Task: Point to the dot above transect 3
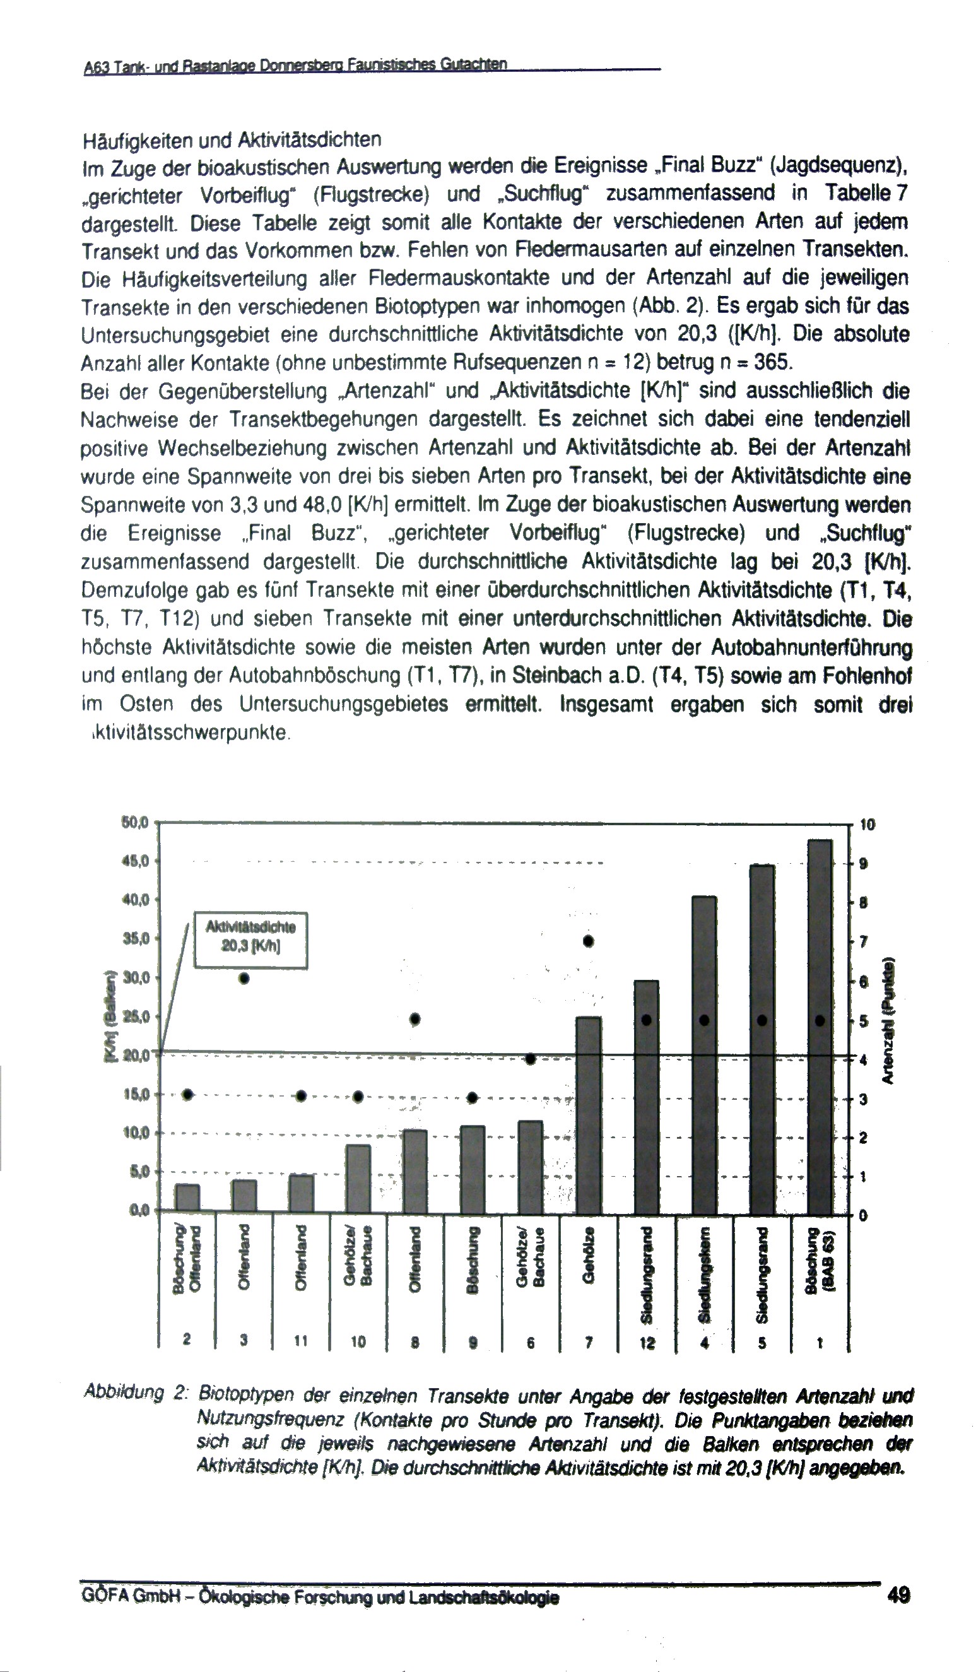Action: click(244, 979)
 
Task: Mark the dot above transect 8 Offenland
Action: click(415, 1019)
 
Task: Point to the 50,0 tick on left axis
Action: click(137, 823)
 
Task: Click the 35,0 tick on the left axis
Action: click(137, 939)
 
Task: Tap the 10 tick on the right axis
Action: click(867, 825)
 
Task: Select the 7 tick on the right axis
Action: click(864, 942)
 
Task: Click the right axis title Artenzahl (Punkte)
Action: click(887, 1021)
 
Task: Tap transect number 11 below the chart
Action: click(301, 1341)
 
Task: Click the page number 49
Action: click(898, 1595)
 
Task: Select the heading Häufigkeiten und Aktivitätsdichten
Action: click(232, 140)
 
